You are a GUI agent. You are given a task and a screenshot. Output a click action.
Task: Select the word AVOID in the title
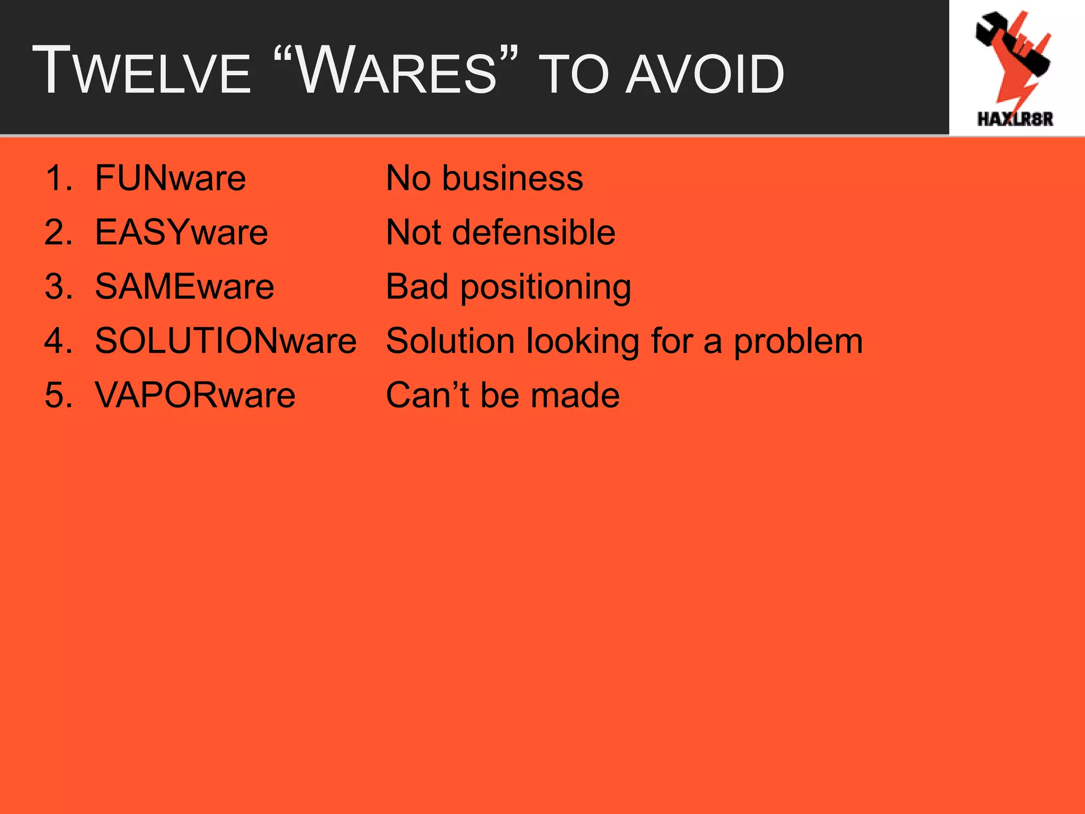704,75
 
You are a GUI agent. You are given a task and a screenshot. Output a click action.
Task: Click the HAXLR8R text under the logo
1015,119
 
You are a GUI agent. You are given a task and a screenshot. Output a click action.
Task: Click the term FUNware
170,178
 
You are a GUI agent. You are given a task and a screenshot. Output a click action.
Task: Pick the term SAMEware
184,287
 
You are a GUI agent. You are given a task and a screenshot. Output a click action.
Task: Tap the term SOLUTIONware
226,341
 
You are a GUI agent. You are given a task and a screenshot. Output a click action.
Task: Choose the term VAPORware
195,395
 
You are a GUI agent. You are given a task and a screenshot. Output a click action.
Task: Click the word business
512,178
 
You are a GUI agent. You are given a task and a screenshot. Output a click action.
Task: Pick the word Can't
427,395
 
